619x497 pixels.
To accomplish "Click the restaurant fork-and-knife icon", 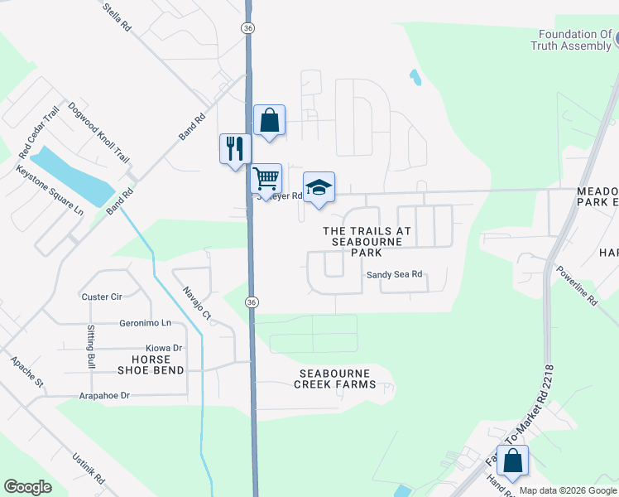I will (x=235, y=149).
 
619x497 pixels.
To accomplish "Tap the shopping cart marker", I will (x=266, y=178).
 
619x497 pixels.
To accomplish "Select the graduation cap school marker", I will (x=319, y=187).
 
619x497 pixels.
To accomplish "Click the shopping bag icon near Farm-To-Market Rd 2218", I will (x=513, y=461).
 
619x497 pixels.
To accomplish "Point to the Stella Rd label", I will (x=118, y=16).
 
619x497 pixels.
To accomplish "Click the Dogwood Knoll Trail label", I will (x=99, y=132).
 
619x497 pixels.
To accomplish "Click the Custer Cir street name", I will (x=102, y=297).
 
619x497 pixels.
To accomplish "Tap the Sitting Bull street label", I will (x=91, y=346).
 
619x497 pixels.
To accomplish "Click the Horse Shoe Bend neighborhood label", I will (x=151, y=365).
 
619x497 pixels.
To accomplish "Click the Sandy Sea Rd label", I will (x=395, y=274).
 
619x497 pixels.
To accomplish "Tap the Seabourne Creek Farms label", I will (x=336, y=379).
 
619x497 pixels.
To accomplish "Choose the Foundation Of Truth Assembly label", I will (x=574, y=41).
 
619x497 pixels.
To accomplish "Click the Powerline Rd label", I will (x=577, y=286).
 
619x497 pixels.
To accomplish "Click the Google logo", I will (x=28, y=487).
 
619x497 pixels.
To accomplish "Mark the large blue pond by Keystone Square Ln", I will (x=72, y=176).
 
